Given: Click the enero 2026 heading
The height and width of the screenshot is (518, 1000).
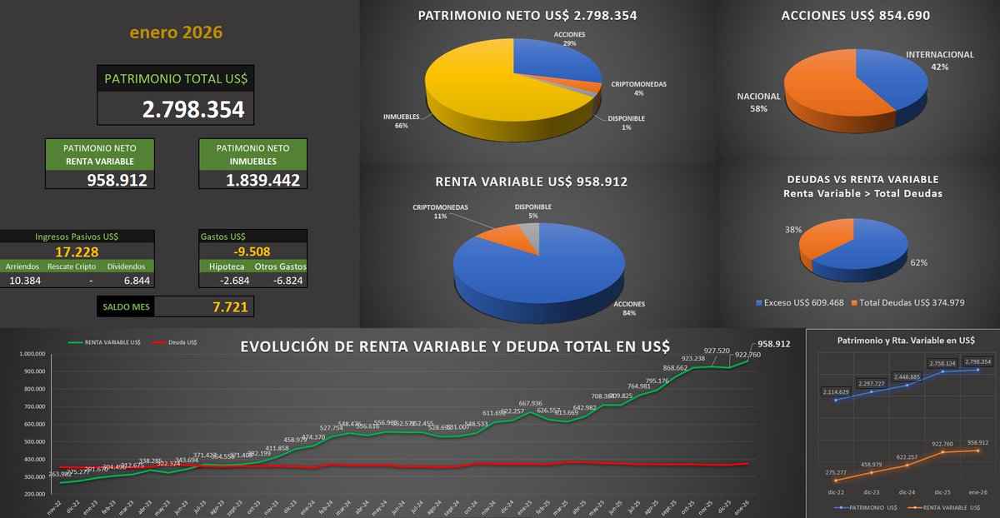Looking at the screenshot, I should pyautogui.click(x=176, y=32).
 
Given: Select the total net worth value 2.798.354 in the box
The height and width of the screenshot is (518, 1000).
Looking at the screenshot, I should pyautogui.click(x=193, y=109).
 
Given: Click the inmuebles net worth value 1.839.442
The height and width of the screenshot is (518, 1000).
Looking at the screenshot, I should pyautogui.click(x=262, y=179).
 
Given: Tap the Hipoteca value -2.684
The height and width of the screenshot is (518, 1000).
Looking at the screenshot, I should pyautogui.click(x=223, y=281).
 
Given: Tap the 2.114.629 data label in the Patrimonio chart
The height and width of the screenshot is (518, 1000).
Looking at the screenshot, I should pyautogui.click(x=849, y=391).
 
